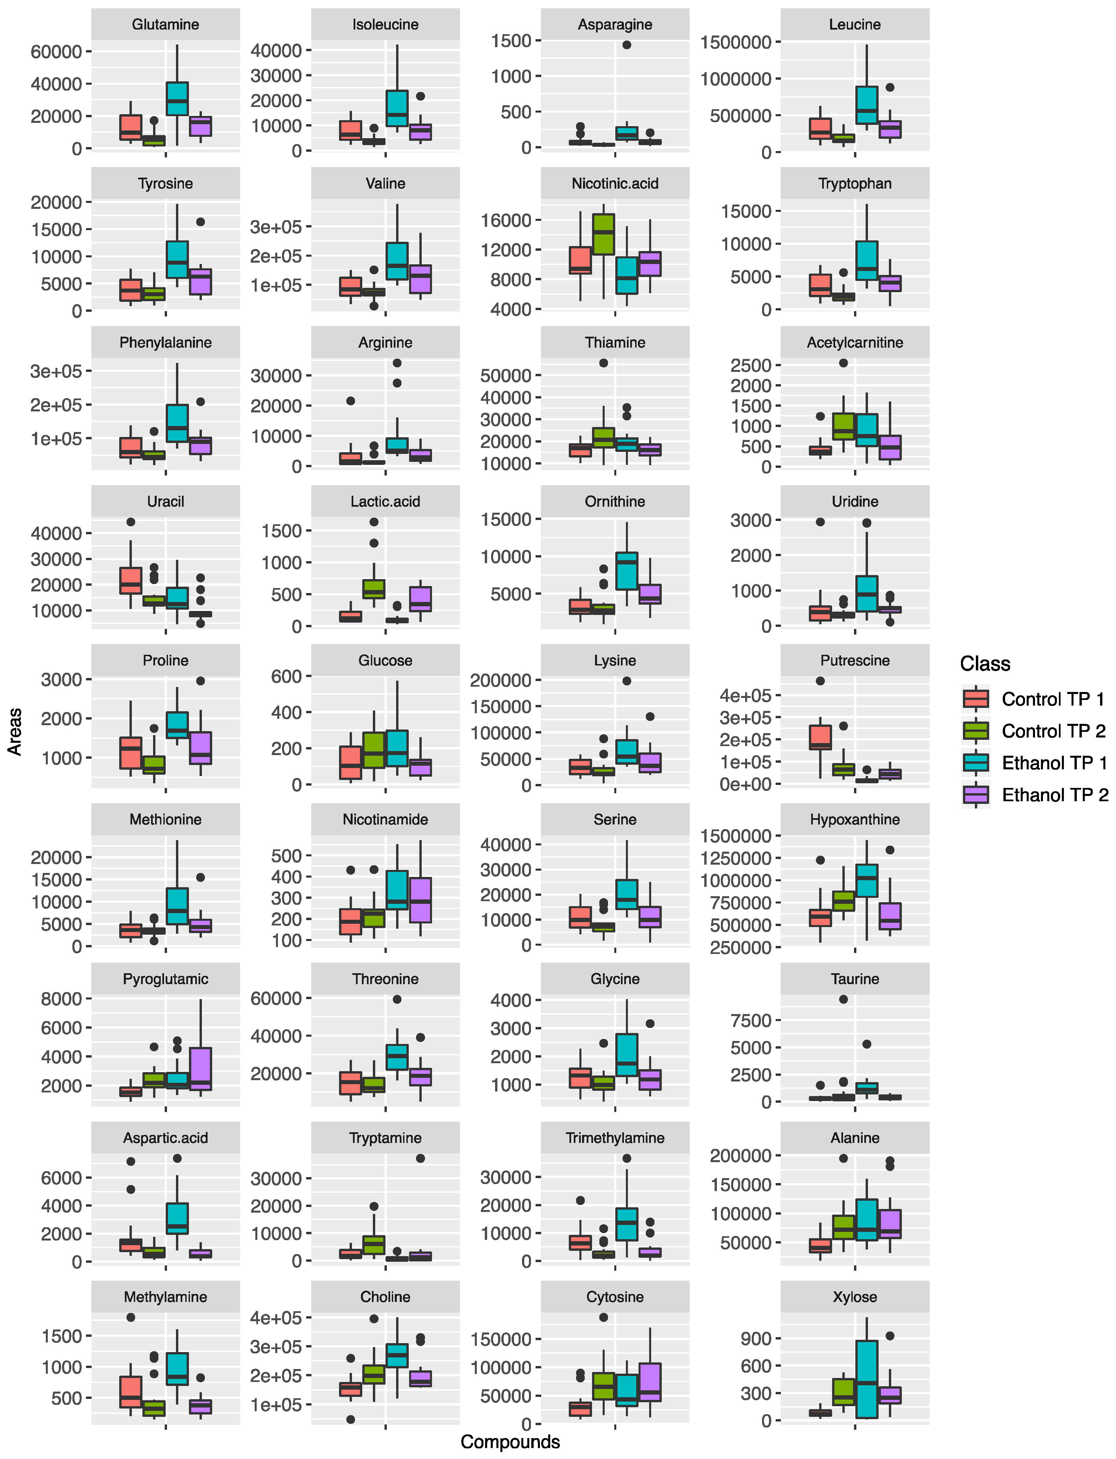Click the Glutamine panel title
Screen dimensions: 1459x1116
[x=165, y=25]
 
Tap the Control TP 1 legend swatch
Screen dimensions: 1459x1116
[x=975, y=699]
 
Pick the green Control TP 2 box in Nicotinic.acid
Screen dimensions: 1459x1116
[x=603, y=234]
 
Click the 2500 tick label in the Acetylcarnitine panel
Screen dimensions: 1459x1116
[x=751, y=365]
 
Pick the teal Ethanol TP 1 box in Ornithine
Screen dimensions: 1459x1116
[x=627, y=570]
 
